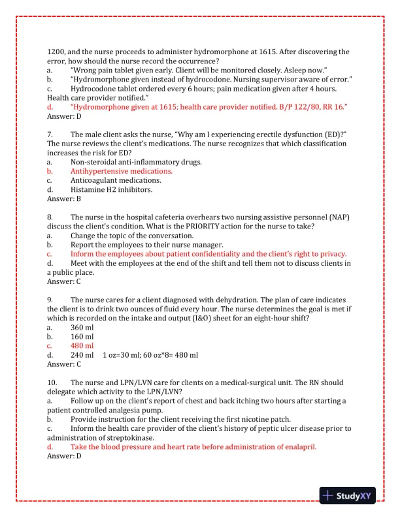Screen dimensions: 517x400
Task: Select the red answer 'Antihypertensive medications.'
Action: [122, 171]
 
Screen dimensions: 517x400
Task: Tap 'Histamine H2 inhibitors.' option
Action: [112, 189]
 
